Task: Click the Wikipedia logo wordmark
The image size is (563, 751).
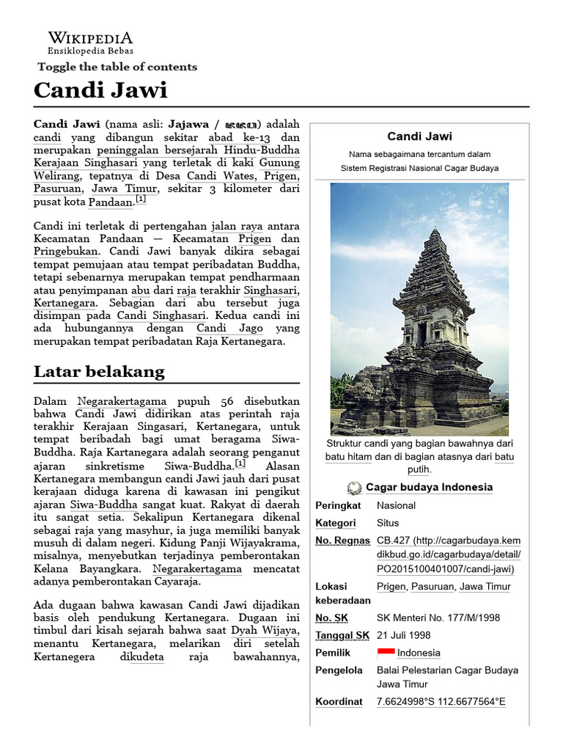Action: pos(90,38)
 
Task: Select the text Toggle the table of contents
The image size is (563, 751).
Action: pos(117,67)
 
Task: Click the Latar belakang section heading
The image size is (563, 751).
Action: pos(99,372)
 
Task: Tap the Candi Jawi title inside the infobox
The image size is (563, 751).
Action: pos(419,136)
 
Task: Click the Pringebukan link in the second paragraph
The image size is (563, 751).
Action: pos(66,251)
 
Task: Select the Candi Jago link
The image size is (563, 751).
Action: pos(224,328)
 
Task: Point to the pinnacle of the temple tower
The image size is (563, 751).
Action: pos(436,231)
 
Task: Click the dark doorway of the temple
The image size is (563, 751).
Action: pos(422,334)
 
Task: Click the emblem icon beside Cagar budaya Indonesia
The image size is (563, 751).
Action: pos(355,488)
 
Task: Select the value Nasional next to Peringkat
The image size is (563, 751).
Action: pos(396,505)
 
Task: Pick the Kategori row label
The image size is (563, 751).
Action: pos(335,523)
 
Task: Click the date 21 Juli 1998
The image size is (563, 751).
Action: pos(403,635)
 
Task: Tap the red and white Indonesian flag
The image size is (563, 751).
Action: pos(386,653)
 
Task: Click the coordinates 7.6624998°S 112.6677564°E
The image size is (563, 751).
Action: pos(441,702)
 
